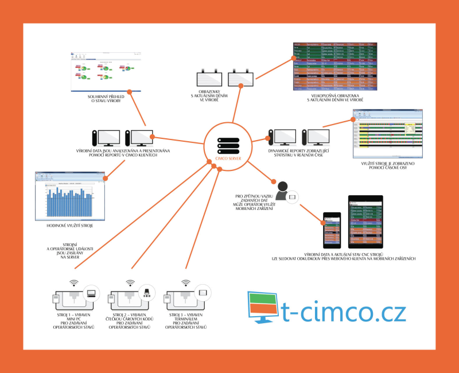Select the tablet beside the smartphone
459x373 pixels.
(365, 222)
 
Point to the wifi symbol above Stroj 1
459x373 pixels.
(73, 282)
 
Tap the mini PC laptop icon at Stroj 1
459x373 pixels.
(91, 293)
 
